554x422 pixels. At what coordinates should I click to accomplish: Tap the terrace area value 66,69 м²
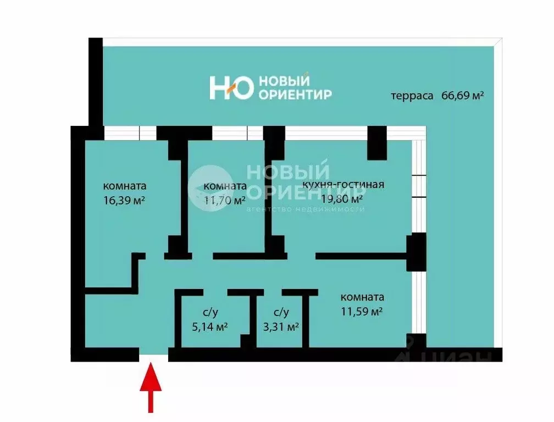(x=462, y=95)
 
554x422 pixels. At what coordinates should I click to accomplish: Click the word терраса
(x=412, y=96)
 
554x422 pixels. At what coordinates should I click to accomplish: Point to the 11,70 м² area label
(x=224, y=201)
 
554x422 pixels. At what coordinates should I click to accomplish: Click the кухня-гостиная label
(x=343, y=185)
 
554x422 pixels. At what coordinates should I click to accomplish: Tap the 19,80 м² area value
(x=341, y=198)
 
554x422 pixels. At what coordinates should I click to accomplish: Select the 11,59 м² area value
(x=362, y=312)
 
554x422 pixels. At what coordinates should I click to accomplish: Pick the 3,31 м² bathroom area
(x=281, y=326)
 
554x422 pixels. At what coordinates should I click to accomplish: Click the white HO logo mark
(x=231, y=88)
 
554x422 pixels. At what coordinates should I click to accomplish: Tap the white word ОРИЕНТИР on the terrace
(x=295, y=95)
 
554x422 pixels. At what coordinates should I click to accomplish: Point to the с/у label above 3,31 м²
(x=281, y=312)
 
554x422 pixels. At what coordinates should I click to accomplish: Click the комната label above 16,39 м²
(x=125, y=186)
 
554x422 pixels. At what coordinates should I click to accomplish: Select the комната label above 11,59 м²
(x=362, y=297)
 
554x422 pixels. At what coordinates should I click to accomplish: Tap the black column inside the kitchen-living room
(x=378, y=143)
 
